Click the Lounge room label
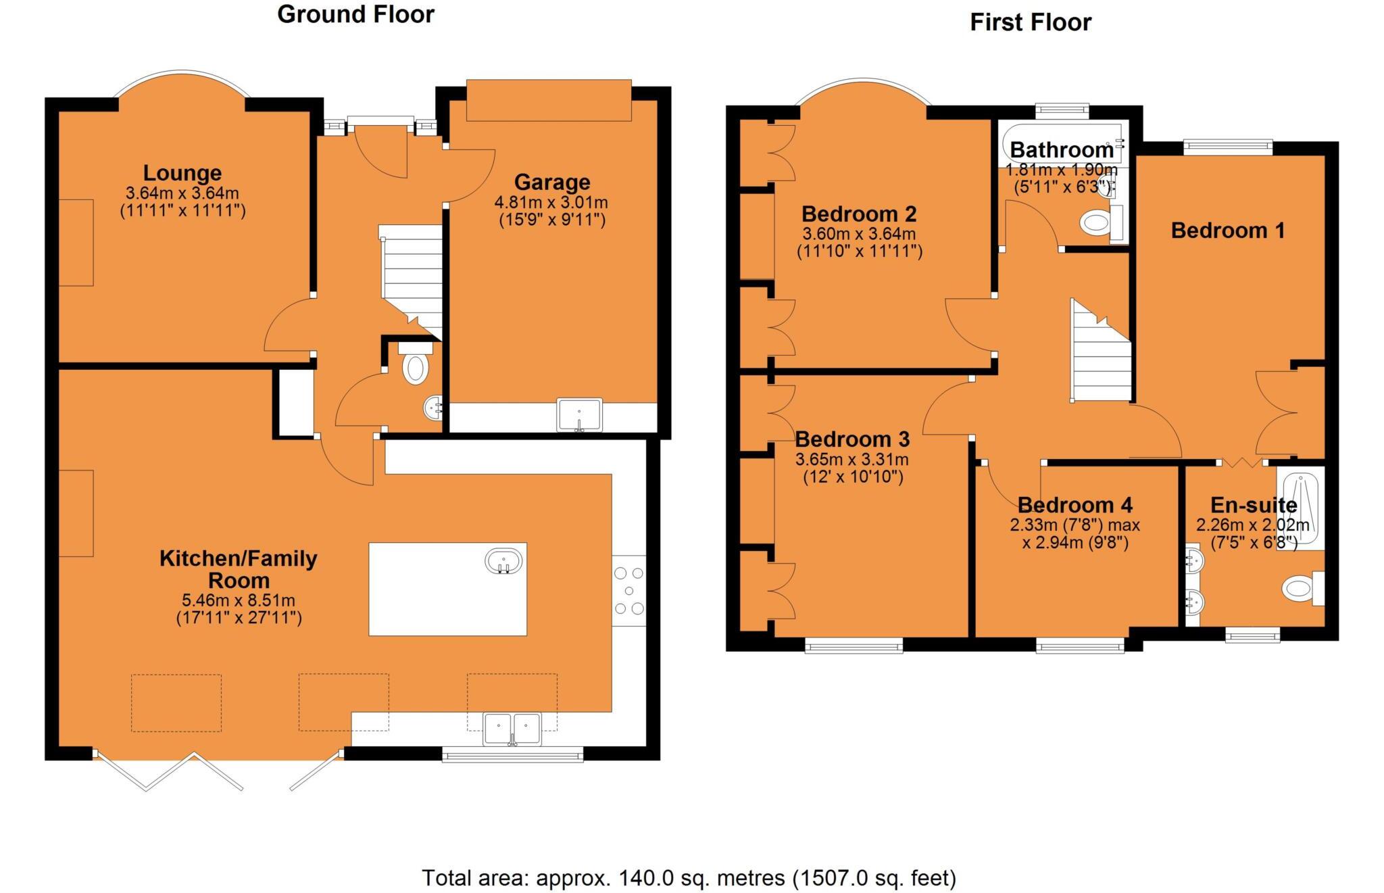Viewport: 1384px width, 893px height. click(182, 173)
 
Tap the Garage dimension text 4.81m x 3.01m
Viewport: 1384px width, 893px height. click(551, 202)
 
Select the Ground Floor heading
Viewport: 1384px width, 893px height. click(355, 14)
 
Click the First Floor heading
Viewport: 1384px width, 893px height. click(1030, 22)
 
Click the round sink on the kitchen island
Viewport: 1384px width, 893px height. click(503, 561)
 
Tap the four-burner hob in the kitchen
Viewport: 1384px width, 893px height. click(628, 591)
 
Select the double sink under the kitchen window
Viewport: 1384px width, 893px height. click(512, 729)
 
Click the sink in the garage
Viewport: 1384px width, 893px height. click(579, 414)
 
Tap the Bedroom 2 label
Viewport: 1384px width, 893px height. click(859, 214)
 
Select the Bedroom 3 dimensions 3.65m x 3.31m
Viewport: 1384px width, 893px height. click(851, 460)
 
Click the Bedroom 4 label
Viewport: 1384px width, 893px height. click(1074, 505)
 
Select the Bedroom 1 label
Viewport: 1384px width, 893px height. click(1227, 231)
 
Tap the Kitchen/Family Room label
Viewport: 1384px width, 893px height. click(238, 569)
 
